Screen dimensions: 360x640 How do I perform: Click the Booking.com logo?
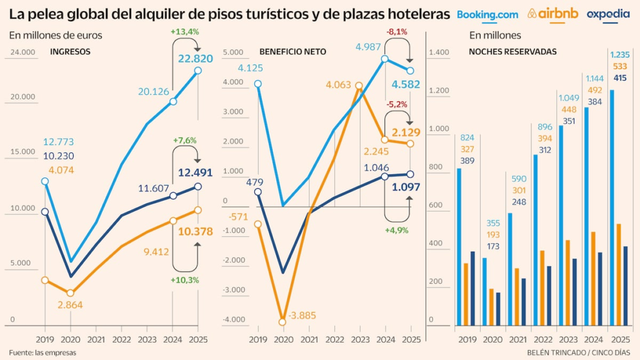point(487,14)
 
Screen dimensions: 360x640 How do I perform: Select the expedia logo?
point(607,14)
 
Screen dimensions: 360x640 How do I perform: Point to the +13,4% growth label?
point(184,31)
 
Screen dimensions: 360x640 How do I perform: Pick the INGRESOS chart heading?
point(71,52)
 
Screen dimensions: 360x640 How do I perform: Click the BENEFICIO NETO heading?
point(292,52)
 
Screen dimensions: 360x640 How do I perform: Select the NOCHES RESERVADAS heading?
point(512,52)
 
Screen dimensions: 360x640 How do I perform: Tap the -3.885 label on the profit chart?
point(304,316)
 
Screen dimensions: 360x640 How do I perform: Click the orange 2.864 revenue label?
point(70,305)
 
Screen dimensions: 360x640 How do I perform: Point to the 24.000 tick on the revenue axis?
point(22,52)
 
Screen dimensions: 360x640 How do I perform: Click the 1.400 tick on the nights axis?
point(439,52)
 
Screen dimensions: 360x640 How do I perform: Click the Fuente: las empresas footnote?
point(42,352)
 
